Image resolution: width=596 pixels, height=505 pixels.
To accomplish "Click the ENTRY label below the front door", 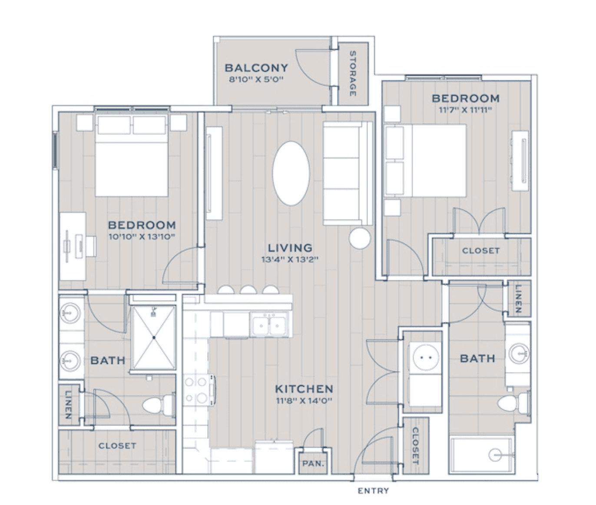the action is click(x=373, y=490).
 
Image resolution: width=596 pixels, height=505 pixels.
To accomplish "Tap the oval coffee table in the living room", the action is click(x=291, y=173).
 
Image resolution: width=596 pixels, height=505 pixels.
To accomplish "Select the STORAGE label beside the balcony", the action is click(x=353, y=73).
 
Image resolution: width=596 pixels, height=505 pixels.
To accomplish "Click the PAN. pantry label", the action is click(x=313, y=464).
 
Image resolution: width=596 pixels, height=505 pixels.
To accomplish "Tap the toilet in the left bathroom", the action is click(x=159, y=405).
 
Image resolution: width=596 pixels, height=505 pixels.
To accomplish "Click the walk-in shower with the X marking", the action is click(x=154, y=337).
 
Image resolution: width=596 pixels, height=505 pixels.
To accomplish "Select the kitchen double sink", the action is click(x=269, y=325).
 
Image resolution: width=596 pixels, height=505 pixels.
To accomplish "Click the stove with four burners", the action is click(x=199, y=390).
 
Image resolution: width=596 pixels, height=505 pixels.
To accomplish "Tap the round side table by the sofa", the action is click(x=359, y=238).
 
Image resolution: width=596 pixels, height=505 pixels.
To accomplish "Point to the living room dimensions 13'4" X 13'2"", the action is click(x=289, y=259).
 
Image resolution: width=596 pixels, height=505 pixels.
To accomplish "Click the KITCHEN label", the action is click(x=304, y=389).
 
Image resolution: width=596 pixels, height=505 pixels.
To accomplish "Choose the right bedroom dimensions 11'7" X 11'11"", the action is click(x=465, y=110).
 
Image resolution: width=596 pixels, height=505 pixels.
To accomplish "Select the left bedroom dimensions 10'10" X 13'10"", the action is click(x=142, y=237).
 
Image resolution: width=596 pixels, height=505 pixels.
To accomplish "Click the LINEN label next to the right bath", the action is click(x=518, y=299).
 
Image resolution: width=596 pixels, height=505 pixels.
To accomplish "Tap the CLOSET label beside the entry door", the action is click(x=415, y=445).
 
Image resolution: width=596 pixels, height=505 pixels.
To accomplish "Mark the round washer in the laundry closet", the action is click(x=426, y=358).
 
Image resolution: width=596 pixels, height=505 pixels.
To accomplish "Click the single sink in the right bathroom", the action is click(x=518, y=353).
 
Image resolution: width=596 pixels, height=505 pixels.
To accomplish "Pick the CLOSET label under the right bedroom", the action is click(x=480, y=250).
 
